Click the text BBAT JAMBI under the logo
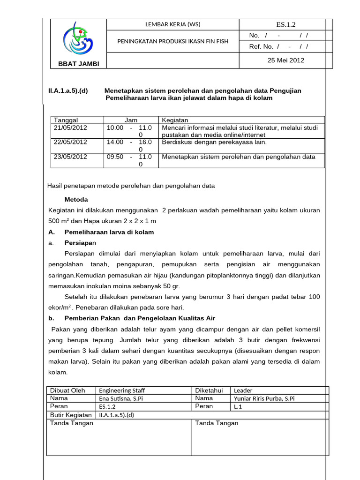coord(78,64)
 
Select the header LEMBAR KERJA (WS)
coord(173,25)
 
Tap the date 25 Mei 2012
coord(285,60)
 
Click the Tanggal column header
coord(66,120)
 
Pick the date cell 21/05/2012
coord(70,127)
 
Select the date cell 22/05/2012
coord(70,142)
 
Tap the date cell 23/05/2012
coord(70,157)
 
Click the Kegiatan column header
coord(174,120)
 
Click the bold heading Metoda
coord(76,199)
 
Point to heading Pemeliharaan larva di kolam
coord(109,232)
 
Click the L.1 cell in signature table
coord(238,406)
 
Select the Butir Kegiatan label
coord(71,415)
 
